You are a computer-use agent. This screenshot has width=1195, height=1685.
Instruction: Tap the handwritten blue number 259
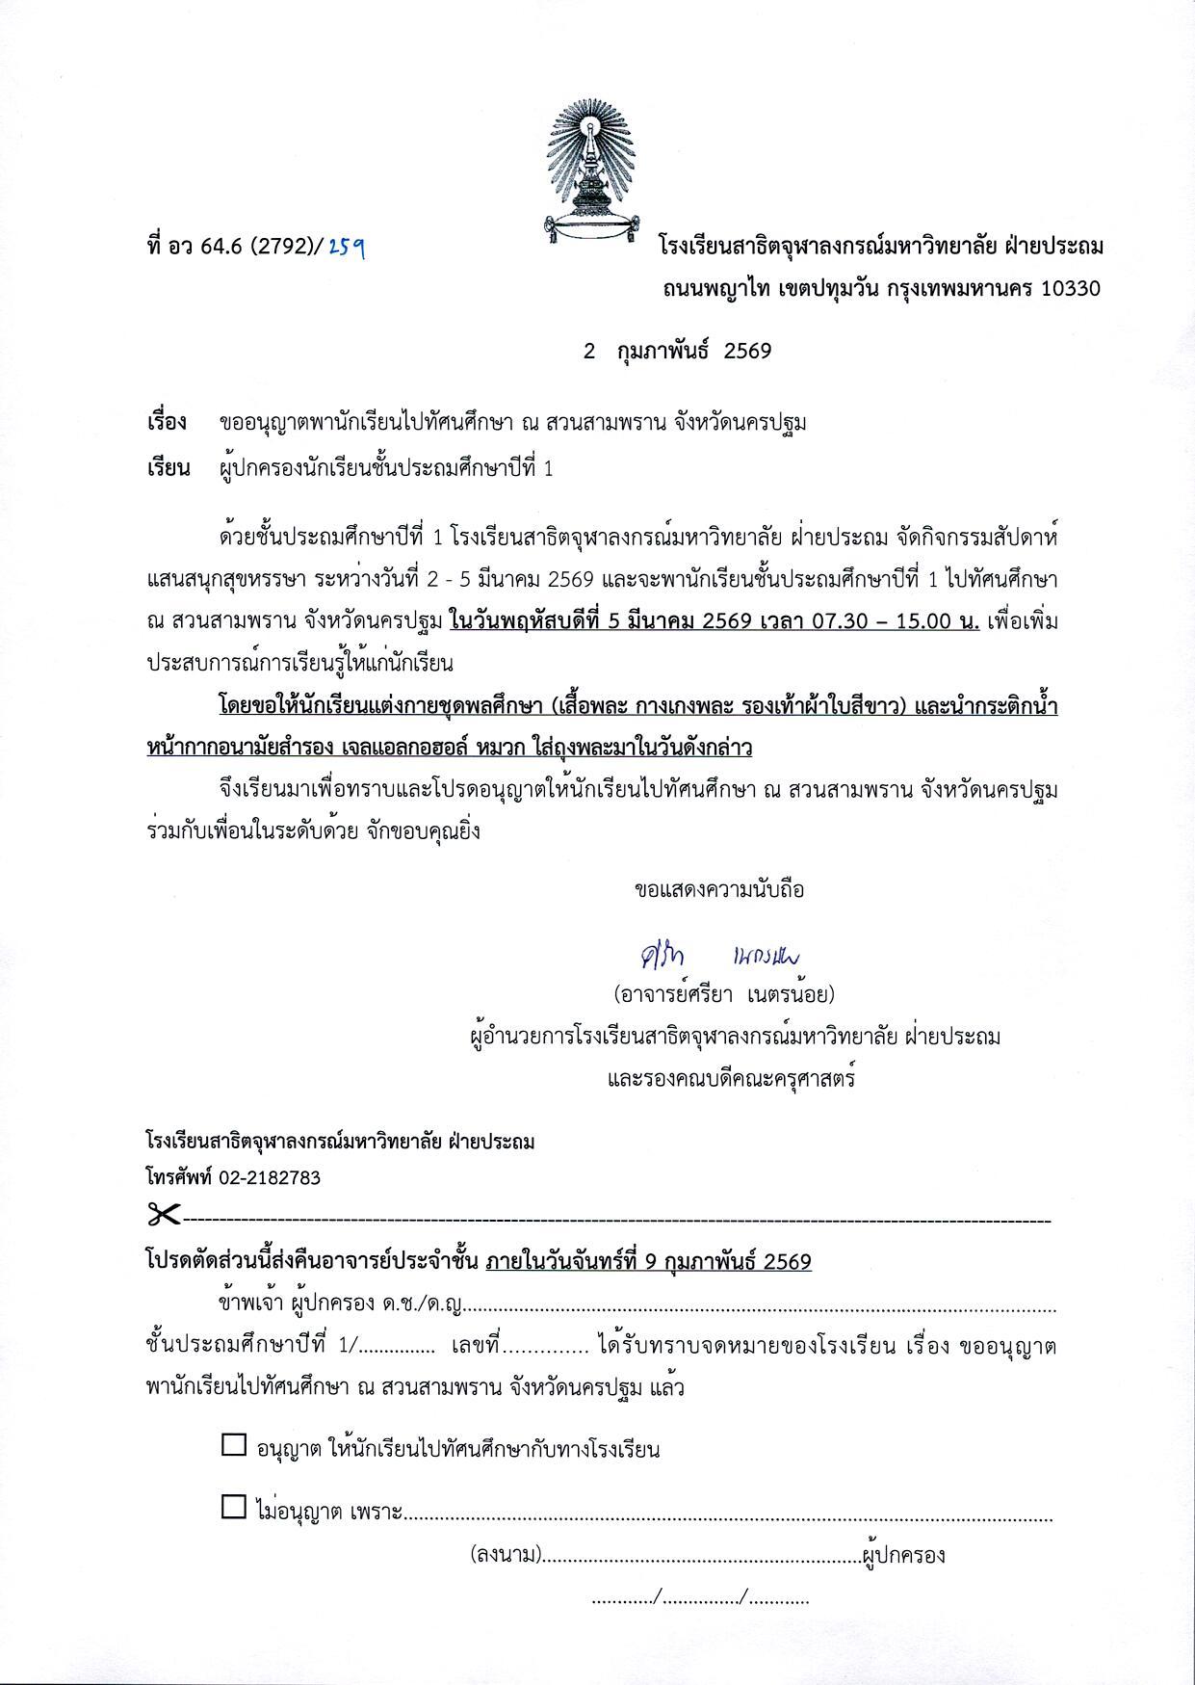coord(346,247)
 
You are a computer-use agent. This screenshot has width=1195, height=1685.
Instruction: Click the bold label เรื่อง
coord(167,422)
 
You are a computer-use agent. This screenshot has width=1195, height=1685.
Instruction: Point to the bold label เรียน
coord(168,469)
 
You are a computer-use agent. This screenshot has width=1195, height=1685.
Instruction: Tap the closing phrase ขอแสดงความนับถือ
coord(719,889)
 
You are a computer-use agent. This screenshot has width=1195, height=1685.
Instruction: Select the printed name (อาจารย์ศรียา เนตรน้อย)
coord(724,993)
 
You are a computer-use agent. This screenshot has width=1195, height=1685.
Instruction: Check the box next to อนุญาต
coord(234,1445)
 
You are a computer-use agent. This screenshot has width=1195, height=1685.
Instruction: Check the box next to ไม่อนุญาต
coord(234,1507)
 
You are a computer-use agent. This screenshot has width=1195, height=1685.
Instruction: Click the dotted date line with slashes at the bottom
coord(700,1599)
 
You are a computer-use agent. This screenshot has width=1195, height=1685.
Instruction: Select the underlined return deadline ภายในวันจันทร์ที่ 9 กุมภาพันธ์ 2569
coord(649,1261)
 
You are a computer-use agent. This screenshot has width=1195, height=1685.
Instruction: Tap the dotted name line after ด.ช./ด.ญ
coord(761,1308)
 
